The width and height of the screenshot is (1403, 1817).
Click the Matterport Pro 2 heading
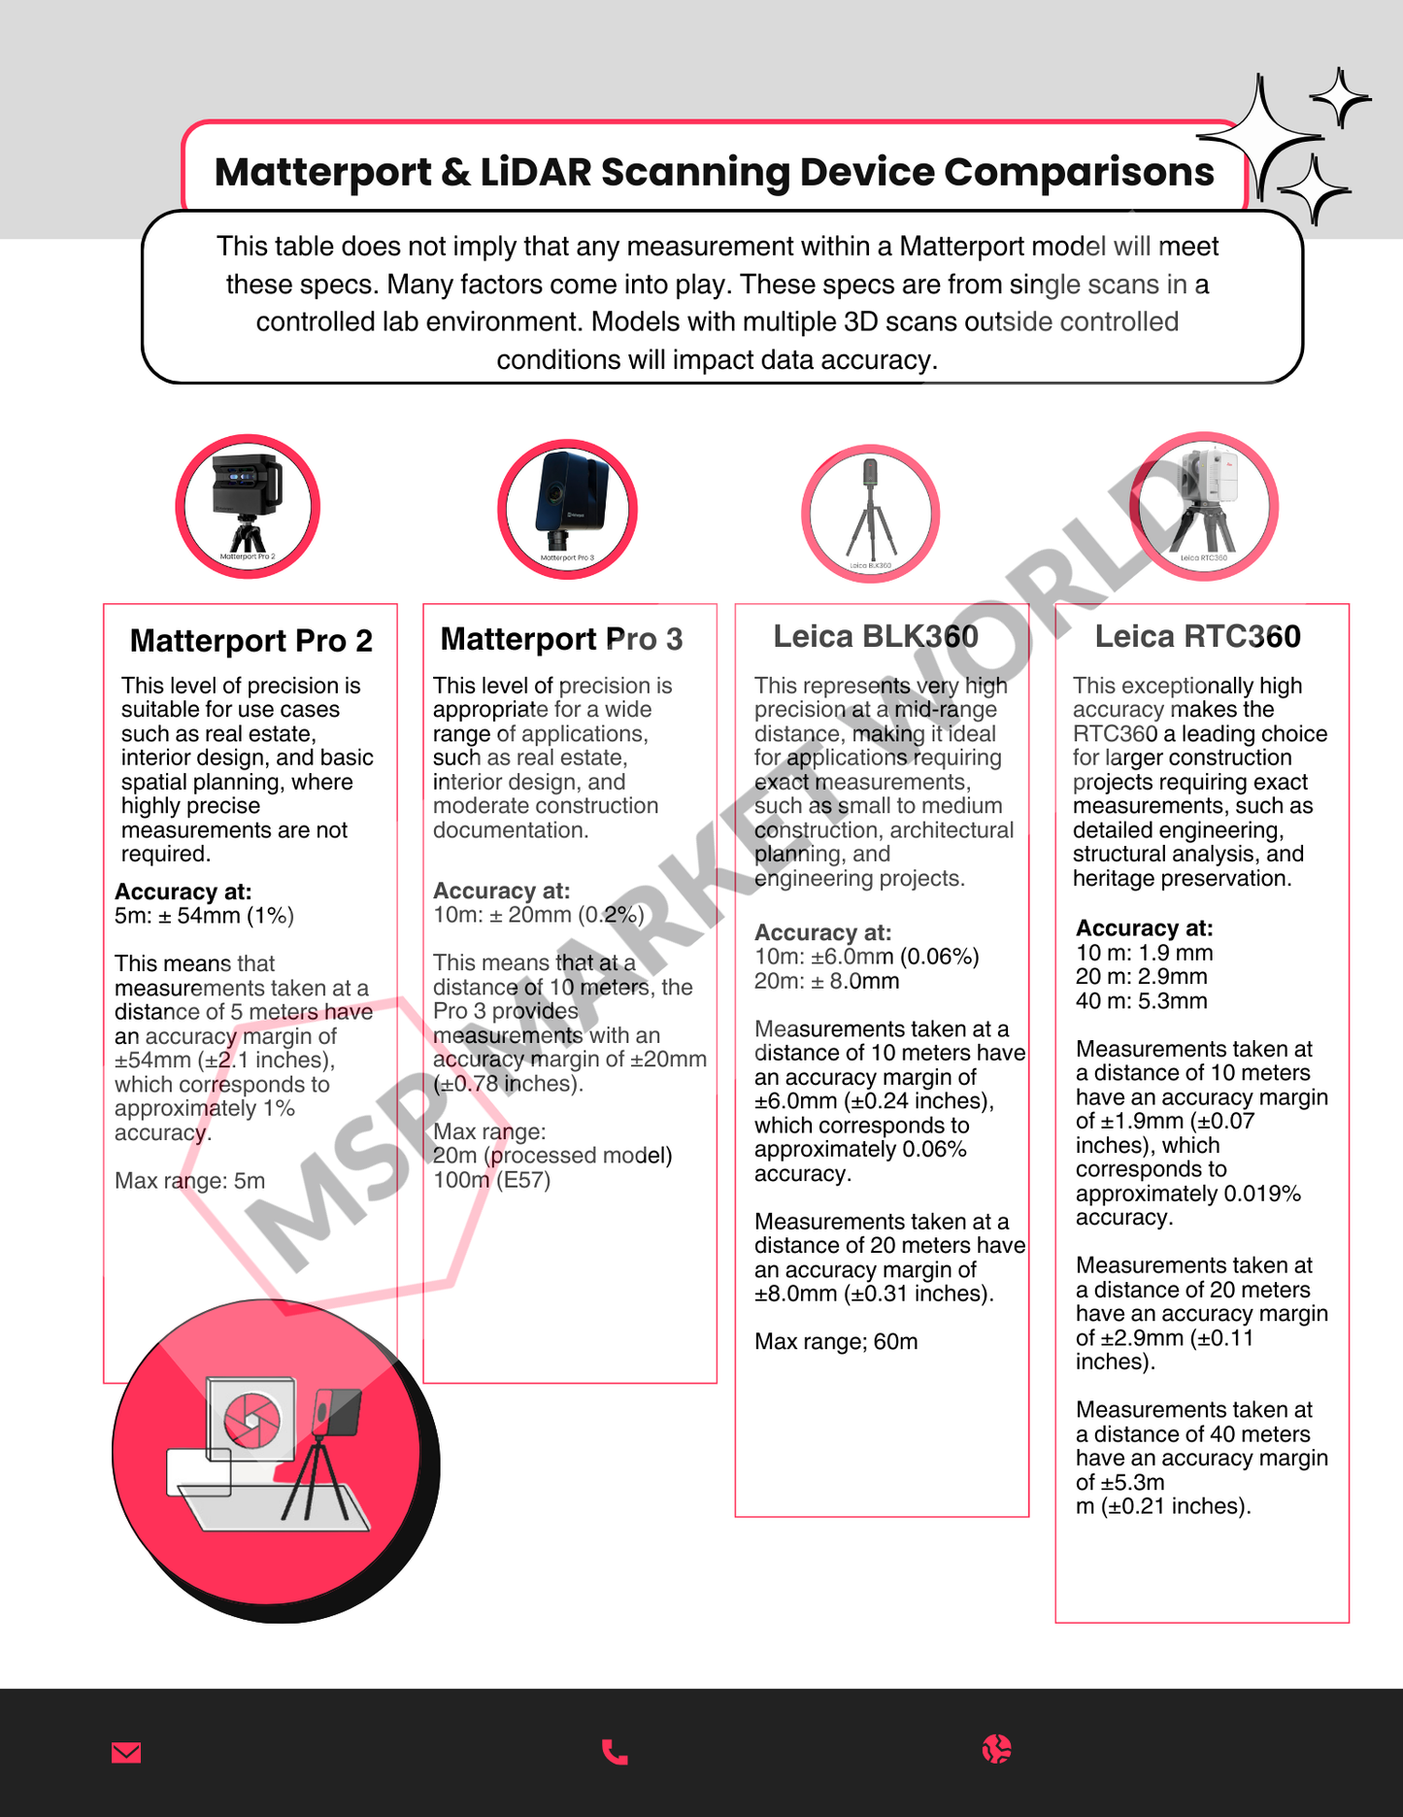(x=251, y=641)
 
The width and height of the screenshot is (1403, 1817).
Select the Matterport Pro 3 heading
(x=561, y=639)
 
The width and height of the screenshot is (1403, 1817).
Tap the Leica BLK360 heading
(x=875, y=636)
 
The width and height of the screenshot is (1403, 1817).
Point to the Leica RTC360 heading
(x=1197, y=636)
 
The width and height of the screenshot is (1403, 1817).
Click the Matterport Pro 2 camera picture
(x=248, y=506)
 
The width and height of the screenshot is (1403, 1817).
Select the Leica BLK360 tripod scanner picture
(x=870, y=514)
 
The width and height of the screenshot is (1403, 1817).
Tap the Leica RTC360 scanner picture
(x=1204, y=506)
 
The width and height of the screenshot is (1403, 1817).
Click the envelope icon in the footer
(x=126, y=1752)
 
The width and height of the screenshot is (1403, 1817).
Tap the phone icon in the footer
(x=615, y=1752)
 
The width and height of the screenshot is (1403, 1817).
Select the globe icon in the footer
(x=996, y=1749)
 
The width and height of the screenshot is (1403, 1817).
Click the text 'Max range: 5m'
(x=189, y=1181)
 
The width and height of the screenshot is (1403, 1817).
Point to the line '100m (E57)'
(x=491, y=1180)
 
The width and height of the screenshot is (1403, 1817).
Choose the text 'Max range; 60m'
(x=835, y=1342)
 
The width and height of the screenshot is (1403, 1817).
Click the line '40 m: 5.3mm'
(x=1141, y=1001)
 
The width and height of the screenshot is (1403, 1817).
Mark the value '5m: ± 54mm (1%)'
(x=204, y=916)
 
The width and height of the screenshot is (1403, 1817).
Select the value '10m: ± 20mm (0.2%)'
(x=538, y=915)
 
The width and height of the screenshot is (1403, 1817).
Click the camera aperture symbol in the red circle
(x=251, y=1421)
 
